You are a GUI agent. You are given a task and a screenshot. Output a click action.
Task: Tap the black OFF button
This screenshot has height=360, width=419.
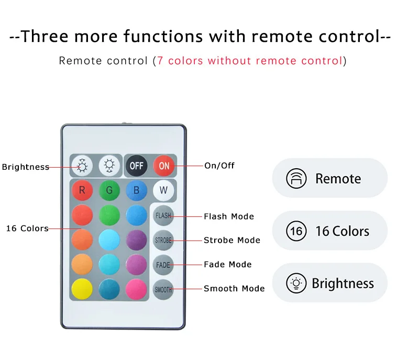(137, 166)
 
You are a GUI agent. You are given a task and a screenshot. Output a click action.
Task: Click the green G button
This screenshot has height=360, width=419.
(109, 190)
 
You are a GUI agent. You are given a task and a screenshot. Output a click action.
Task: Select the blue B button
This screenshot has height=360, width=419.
(136, 190)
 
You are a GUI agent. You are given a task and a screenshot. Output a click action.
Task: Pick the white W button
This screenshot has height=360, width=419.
(163, 190)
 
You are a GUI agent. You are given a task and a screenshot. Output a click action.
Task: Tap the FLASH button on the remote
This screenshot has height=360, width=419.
(163, 215)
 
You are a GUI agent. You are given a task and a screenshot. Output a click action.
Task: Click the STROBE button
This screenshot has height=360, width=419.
(163, 240)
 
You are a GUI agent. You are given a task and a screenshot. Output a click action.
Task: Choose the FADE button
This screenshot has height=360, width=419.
(163, 265)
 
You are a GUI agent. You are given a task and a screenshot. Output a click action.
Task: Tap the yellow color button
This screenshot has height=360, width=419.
(82, 289)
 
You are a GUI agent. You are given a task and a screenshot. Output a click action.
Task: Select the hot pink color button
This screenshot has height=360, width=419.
(136, 289)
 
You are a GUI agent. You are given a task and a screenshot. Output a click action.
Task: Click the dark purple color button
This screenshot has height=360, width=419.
(136, 240)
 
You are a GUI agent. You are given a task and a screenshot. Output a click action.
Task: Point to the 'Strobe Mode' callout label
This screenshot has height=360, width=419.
(232, 241)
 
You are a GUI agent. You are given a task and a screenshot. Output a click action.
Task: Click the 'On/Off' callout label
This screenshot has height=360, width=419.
(219, 166)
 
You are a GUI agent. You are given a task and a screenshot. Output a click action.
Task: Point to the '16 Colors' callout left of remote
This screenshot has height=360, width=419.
(27, 228)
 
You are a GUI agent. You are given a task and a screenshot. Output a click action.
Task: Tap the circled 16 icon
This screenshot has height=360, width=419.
(296, 231)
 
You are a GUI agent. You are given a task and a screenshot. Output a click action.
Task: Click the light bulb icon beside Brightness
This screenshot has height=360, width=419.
(296, 283)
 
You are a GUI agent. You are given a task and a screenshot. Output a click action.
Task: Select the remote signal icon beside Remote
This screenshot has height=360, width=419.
(296, 179)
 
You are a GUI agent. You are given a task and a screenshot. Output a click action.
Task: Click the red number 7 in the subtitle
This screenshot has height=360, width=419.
(160, 61)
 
